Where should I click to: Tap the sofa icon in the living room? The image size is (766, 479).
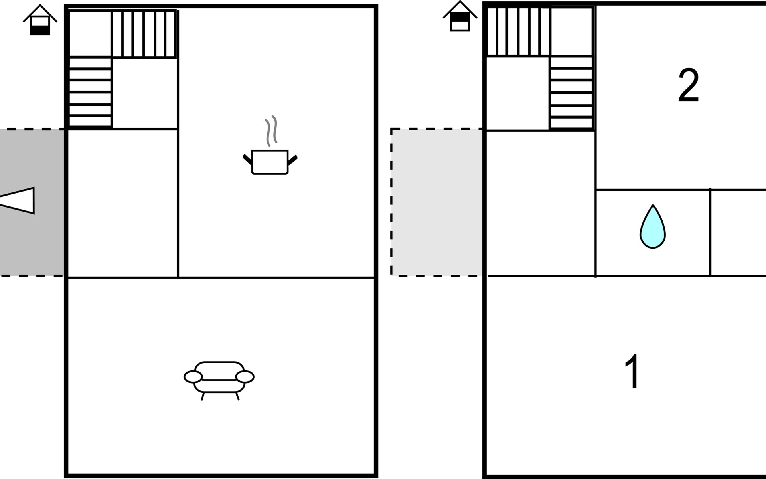pos(219,381)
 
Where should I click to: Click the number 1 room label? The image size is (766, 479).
pos(632,371)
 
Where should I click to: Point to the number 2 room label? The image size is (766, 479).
pos(689,85)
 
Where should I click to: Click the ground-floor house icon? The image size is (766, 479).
pos(40,20)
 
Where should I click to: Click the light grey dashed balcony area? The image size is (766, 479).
pos(437,202)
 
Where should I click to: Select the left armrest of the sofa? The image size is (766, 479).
pos(193,377)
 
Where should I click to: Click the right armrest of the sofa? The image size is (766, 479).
pos(245,377)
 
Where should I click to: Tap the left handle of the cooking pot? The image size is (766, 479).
pos(248,160)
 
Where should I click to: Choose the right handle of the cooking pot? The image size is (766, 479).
pos(292,160)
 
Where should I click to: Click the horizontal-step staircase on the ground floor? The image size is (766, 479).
pos(90,92)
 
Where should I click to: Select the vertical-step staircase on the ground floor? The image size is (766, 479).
pos(144,34)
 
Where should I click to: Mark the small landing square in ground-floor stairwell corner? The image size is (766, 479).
pos(90,34)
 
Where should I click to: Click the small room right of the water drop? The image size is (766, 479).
pos(738,233)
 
